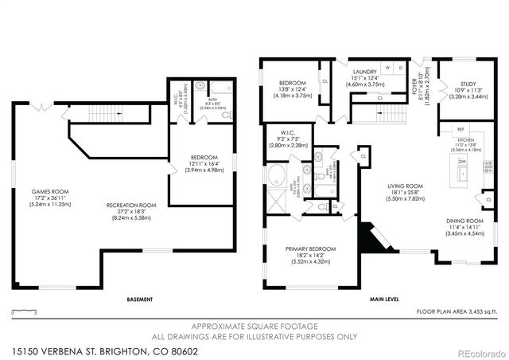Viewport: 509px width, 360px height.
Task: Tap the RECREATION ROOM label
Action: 131,205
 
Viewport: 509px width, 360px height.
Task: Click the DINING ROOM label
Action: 464,221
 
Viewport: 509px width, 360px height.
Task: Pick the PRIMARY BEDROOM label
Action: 311,249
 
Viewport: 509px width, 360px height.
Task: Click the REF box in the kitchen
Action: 460,128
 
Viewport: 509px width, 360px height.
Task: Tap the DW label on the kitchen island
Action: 461,161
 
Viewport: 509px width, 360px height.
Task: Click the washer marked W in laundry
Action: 387,68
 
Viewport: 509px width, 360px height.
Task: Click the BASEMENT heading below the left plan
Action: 140,300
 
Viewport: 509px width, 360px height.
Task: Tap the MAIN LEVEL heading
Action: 383,300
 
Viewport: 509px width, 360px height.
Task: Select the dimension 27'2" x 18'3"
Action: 131,210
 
